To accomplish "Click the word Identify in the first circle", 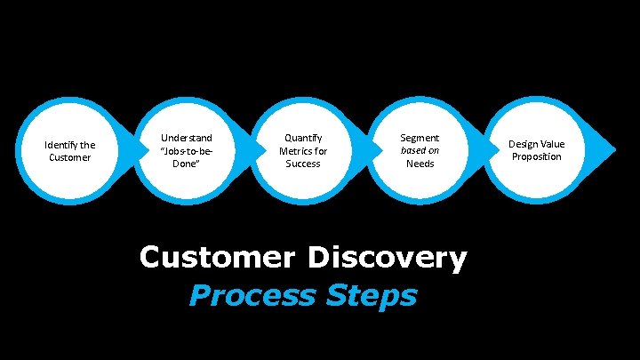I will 60,145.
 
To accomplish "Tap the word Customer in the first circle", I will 69,157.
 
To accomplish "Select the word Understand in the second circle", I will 186,138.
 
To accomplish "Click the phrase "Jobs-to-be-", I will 186,151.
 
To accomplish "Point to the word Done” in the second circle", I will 186,164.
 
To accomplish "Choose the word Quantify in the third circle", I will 303,138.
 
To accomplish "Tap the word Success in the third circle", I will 303,164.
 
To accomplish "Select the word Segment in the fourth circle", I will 420,138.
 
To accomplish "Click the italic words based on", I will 420,150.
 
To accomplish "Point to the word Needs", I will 420,164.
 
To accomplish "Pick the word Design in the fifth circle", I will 524,144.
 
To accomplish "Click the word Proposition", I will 536,157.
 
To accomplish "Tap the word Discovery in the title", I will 387,258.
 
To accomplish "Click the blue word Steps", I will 374,294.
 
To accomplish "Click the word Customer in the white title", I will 217,258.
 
